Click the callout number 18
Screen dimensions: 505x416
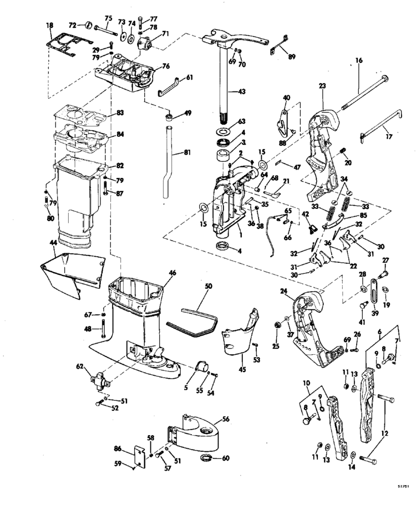[x=50, y=25]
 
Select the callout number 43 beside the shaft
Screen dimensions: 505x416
[x=241, y=91]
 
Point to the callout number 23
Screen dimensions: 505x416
[x=323, y=86]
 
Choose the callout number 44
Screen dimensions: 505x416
[x=53, y=242]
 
